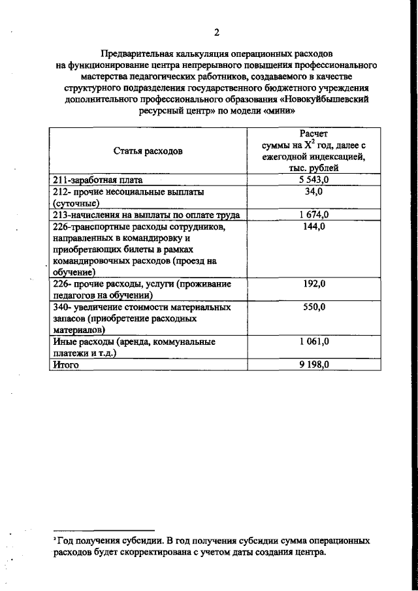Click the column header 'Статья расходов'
(x=148, y=151)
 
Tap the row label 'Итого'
(x=66, y=366)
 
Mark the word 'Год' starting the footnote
(x=66, y=541)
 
